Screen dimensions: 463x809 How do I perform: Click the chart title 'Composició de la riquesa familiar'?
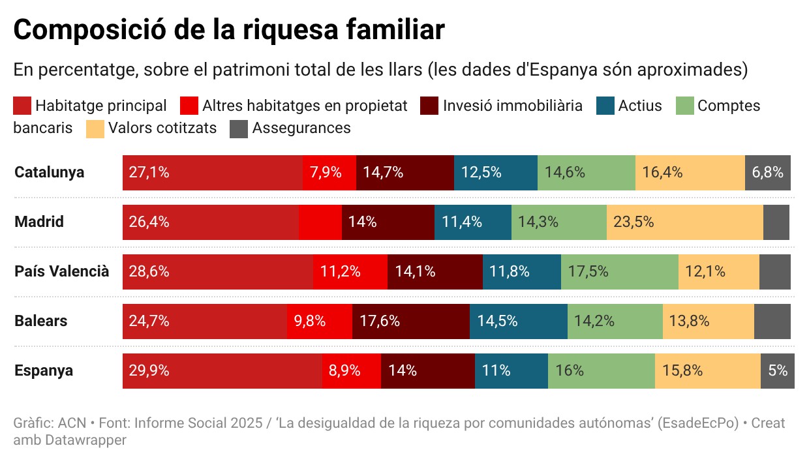[229, 30]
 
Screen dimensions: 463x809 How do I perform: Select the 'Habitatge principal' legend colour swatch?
[22, 106]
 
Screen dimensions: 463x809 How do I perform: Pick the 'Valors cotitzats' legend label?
[162, 128]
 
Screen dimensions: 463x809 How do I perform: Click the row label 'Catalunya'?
[50, 173]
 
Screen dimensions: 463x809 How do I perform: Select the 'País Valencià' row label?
[62, 272]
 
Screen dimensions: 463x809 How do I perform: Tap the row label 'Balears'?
[41, 321]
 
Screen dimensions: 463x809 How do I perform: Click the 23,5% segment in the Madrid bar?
[684, 222]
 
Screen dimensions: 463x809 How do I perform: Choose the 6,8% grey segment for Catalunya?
[767, 173]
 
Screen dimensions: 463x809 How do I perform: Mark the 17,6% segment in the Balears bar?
[410, 321]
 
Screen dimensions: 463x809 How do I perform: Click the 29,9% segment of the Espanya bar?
[222, 371]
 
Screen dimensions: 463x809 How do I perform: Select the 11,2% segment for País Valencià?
[350, 272]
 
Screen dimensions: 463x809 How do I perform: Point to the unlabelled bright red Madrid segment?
[320, 222]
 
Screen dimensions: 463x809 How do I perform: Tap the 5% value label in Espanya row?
[778, 371]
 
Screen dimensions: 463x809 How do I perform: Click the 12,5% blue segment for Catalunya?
[495, 173]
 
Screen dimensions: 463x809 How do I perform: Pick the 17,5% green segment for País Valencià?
[619, 272]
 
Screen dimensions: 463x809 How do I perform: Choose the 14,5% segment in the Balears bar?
[518, 321]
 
